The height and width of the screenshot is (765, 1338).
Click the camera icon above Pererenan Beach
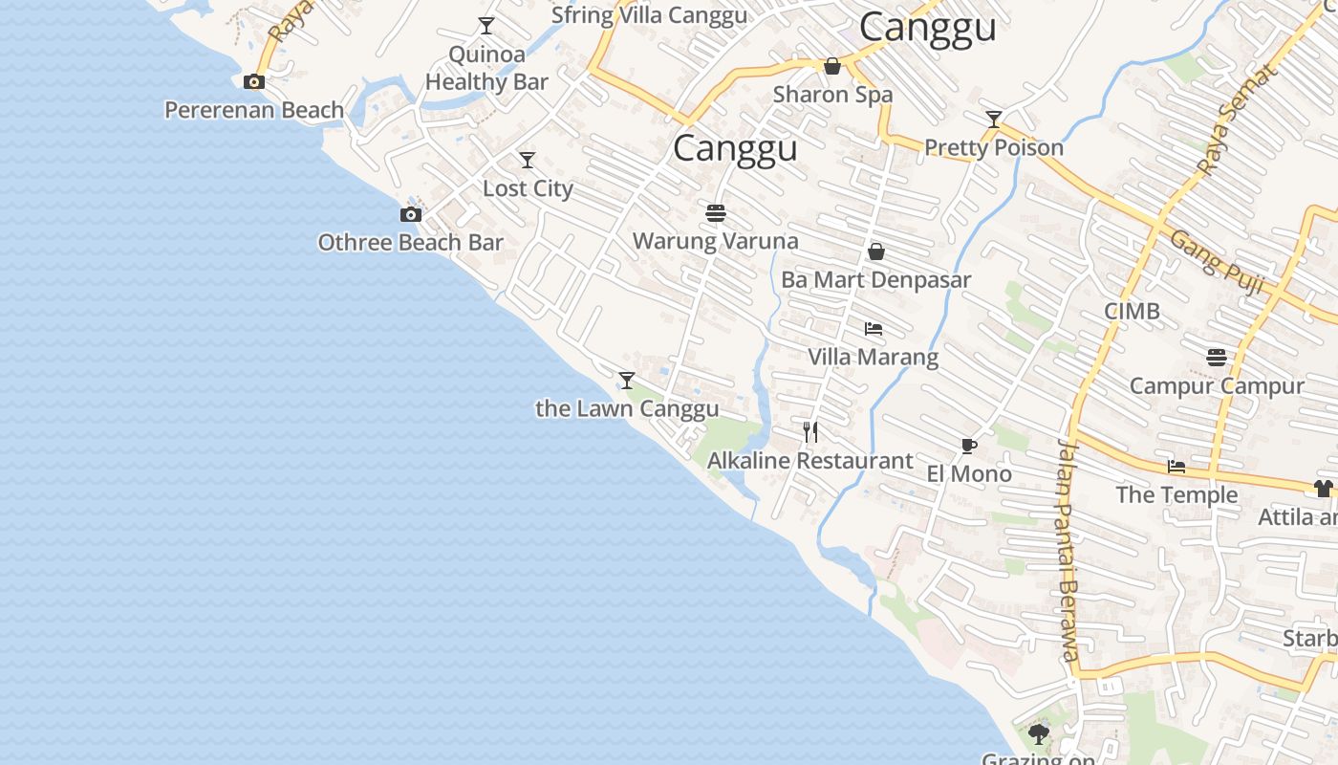(254, 82)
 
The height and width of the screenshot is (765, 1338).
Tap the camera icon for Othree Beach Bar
(411, 215)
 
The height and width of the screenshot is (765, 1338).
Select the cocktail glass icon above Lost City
(527, 160)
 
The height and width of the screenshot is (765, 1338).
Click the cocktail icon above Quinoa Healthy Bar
(486, 26)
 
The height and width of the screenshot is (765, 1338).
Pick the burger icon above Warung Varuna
(716, 212)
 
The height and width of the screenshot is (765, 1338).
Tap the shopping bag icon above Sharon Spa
(832, 66)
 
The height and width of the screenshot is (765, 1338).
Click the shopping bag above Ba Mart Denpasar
(875, 251)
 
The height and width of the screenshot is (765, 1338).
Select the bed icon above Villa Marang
(873, 329)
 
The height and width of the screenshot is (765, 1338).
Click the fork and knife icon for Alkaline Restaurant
(810, 432)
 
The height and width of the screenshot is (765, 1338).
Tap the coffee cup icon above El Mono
(969, 446)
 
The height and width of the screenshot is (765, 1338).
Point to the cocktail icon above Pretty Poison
(994, 120)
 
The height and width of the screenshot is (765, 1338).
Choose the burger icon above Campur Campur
(1217, 358)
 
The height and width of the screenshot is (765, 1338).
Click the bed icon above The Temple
(1176, 467)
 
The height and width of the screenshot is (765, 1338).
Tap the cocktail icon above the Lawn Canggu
(627, 381)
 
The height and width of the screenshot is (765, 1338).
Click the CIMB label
(1132, 311)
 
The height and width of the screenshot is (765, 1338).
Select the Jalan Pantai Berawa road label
(1068, 551)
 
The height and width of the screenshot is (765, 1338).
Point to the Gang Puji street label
(1217, 262)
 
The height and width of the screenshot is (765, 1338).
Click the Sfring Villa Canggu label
(649, 15)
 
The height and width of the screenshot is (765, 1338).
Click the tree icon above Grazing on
(1039, 734)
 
